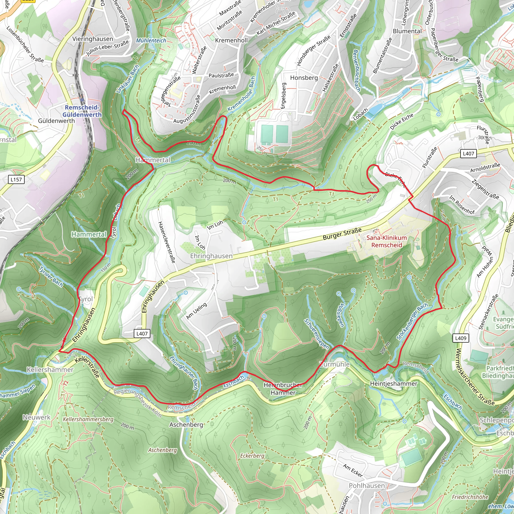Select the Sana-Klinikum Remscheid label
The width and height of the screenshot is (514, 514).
(386, 241)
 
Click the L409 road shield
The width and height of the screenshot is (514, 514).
(461, 338)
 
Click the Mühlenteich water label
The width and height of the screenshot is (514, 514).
(151, 40)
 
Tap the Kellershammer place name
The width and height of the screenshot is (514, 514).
(50, 369)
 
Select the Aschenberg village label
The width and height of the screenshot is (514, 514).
(186, 425)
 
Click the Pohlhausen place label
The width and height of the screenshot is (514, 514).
(367, 486)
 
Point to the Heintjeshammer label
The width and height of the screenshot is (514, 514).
(394, 383)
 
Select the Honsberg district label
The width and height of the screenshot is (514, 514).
(304, 78)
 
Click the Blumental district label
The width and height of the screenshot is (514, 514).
(407, 31)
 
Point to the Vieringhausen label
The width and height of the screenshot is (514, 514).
(93, 39)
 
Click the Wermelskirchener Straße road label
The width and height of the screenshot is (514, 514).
(475, 377)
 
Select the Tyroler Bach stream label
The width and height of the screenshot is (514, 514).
(51, 276)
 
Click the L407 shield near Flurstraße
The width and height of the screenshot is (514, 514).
(468, 154)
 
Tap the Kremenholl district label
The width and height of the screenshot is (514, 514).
(231, 40)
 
